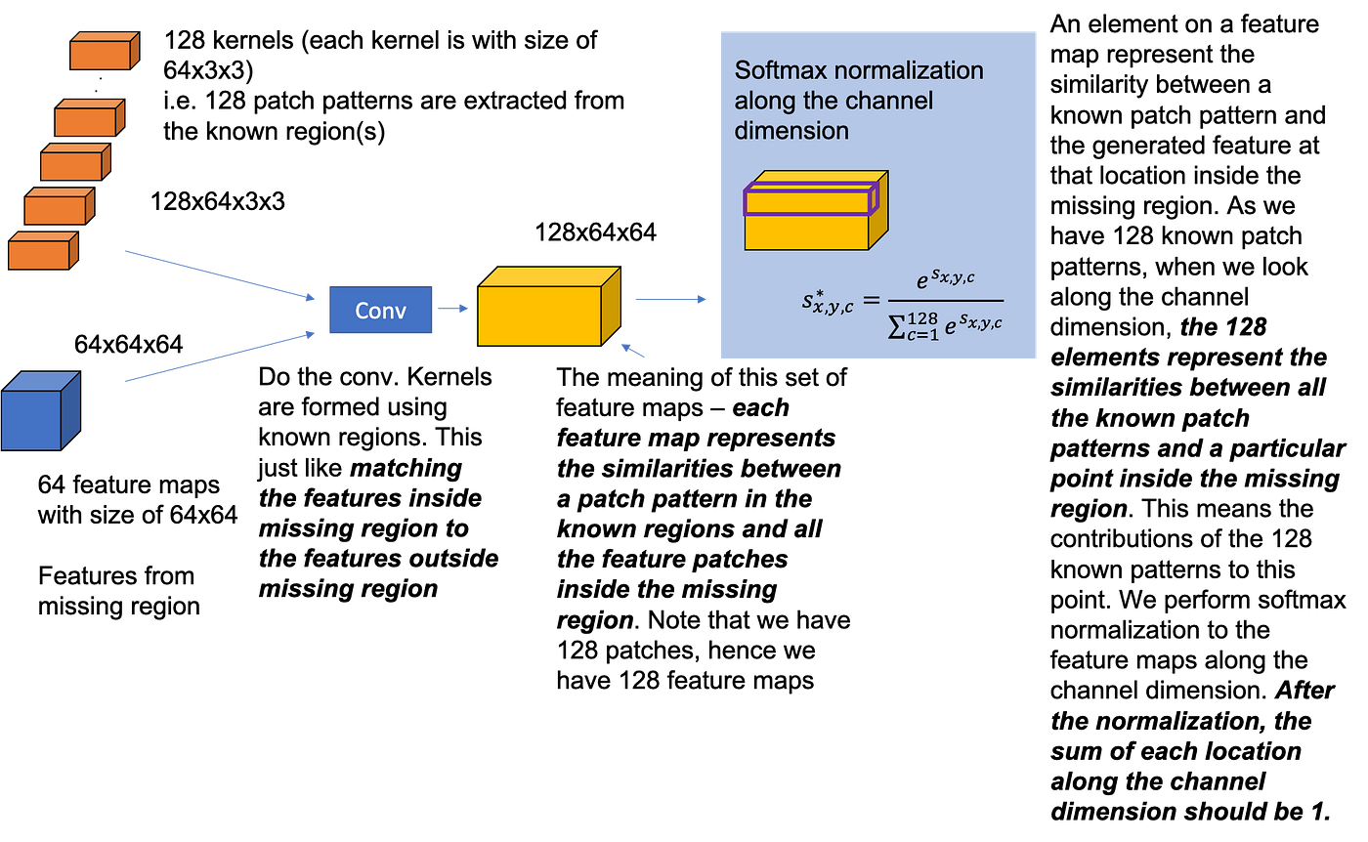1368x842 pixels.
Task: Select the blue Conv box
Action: tap(380, 311)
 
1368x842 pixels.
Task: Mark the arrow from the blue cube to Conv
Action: tap(220, 357)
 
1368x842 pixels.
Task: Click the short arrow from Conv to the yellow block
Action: tap(453, 309)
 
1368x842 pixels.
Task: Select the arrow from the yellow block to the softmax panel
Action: tap(670, 300)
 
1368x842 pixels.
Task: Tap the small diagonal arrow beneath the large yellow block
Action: tap(634, 350)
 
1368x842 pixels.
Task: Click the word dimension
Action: tap(791, 130)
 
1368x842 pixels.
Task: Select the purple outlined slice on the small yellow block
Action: tap(810, 200)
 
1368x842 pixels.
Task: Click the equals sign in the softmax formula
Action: tap(871, 302)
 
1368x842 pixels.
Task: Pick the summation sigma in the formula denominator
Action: tap(896, 326)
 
